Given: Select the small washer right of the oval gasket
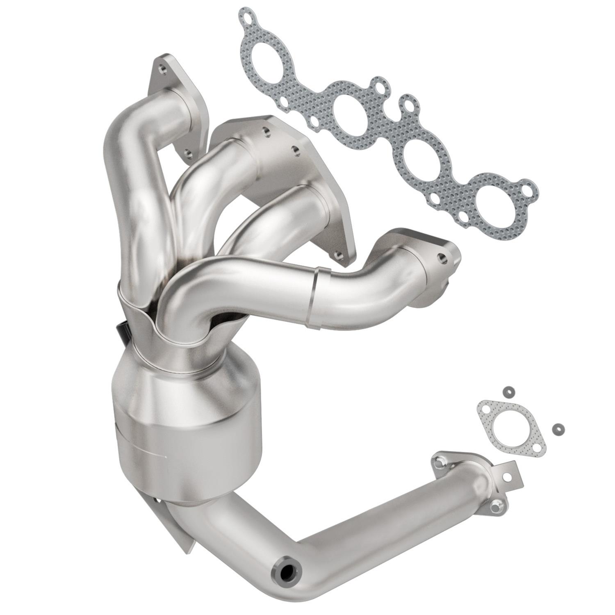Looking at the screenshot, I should coord(558,429).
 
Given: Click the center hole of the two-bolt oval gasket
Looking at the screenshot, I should coord(512,430).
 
